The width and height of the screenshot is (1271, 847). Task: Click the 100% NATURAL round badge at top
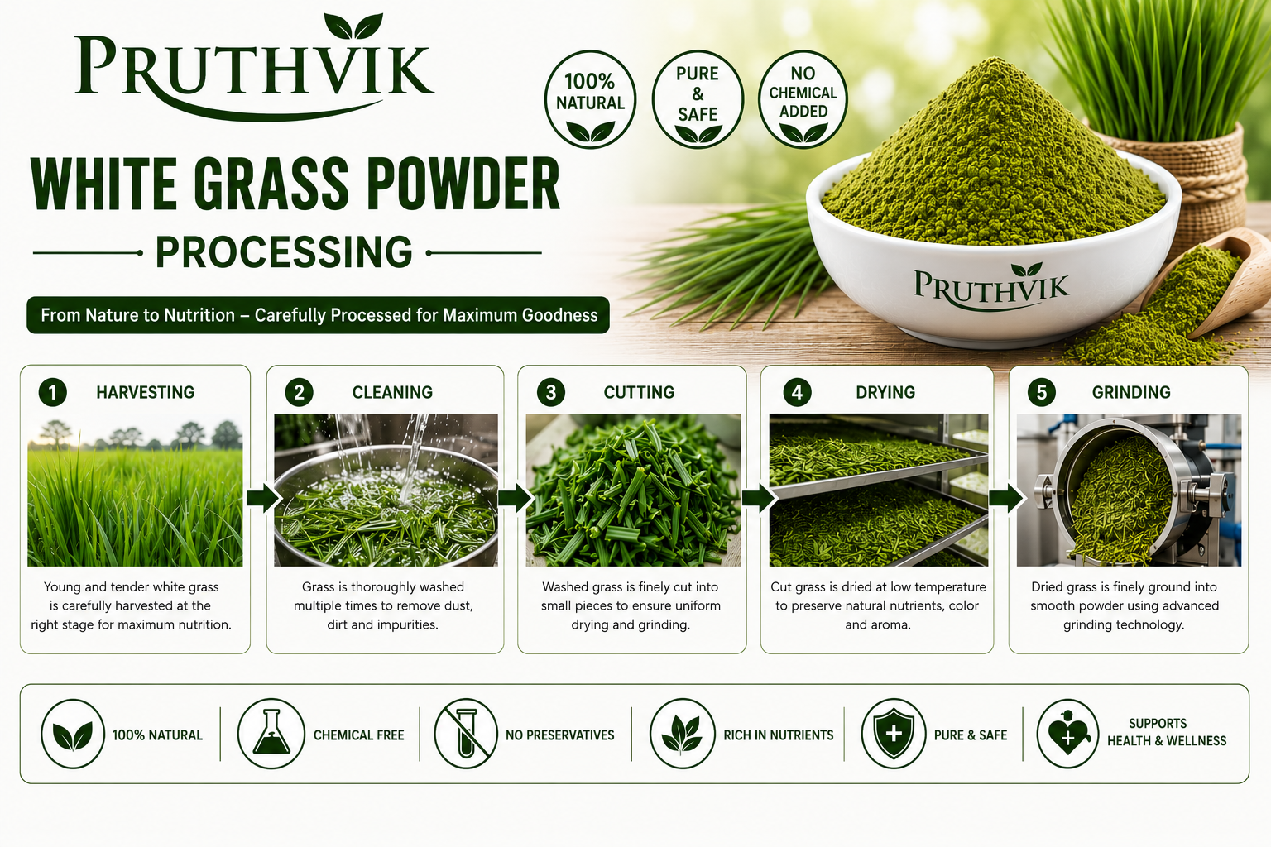coord(590,100)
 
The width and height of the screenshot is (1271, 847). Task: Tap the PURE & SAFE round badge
coord(698,100)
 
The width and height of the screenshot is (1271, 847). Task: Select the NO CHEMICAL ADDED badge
coord(803,100)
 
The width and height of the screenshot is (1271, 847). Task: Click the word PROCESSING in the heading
coord(285,252)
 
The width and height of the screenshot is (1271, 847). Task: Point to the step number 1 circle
coord(53,392)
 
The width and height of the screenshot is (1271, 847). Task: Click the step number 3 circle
coord(551,392)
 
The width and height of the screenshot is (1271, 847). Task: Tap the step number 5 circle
coord(1042,392)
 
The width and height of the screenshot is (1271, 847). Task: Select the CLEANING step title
coord(393,392)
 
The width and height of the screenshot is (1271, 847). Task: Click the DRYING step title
coord(885,392)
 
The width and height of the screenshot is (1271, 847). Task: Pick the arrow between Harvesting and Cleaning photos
coord(264,498)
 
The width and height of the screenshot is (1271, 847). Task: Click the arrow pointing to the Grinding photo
coord(1006,498)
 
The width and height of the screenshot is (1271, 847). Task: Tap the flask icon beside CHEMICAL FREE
coord(271,734)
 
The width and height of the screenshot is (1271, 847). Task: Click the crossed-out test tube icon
coord(466,734)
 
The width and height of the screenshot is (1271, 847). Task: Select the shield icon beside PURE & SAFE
coord(894,734)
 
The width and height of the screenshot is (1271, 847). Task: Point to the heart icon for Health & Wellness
coord(1068,734)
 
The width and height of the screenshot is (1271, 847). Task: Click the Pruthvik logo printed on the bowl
coord(991,286)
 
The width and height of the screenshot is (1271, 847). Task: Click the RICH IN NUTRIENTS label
coord(779,735)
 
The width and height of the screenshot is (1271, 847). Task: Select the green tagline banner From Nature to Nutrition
coord(319,315)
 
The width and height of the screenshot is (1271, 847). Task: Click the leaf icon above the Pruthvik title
coord(353,26)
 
